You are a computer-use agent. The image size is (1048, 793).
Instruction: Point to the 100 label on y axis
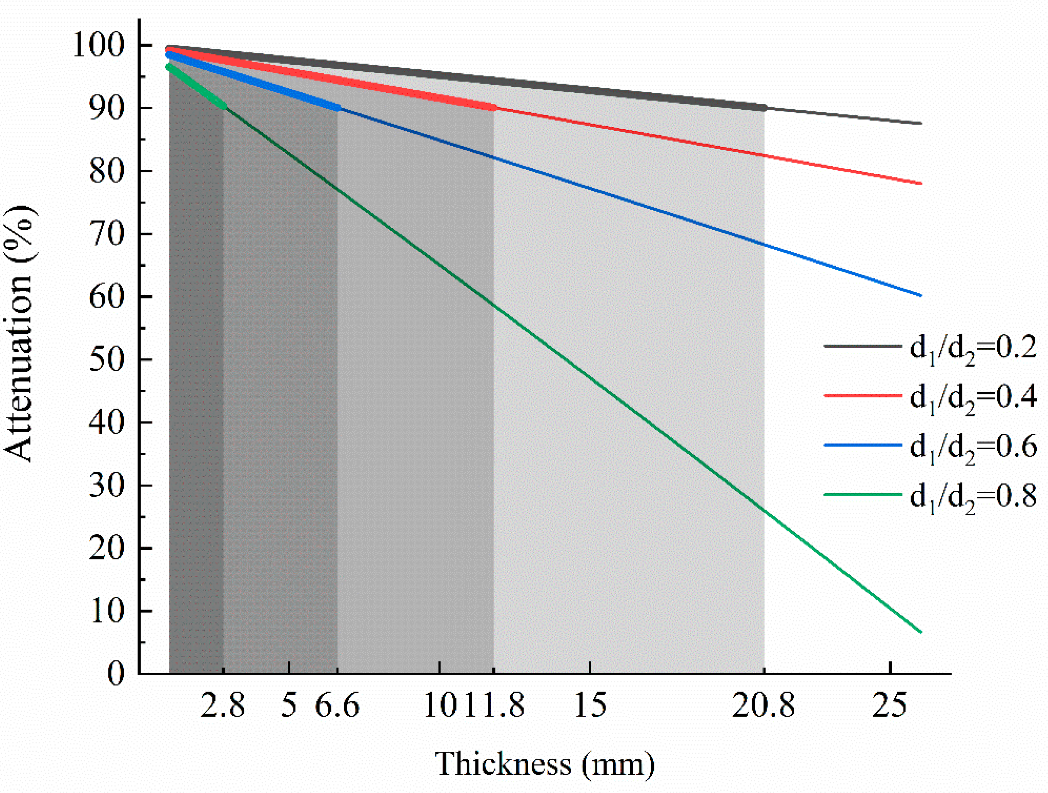pyautogui.click(x=98, y=46)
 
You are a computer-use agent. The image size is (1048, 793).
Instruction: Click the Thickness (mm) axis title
pyautogui.click(x=545, y=764)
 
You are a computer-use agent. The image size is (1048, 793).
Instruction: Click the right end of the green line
pyautogui.click(x=921, y=632)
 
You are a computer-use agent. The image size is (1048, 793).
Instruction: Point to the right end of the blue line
pyautogui.click(x=921, y=295)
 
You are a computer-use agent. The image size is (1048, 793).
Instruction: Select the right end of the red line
pyautogui.click(x=921, y=183)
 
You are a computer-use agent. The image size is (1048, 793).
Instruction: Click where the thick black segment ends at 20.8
pyautogui.click(x=764, y=108)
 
